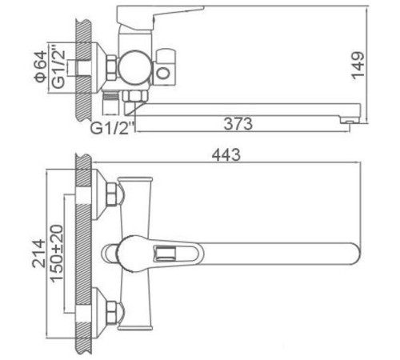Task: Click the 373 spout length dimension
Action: click(x=238, y=124)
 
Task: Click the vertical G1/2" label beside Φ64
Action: click(x=56, y=68)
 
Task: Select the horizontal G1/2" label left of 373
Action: click(x=112, y=126)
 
